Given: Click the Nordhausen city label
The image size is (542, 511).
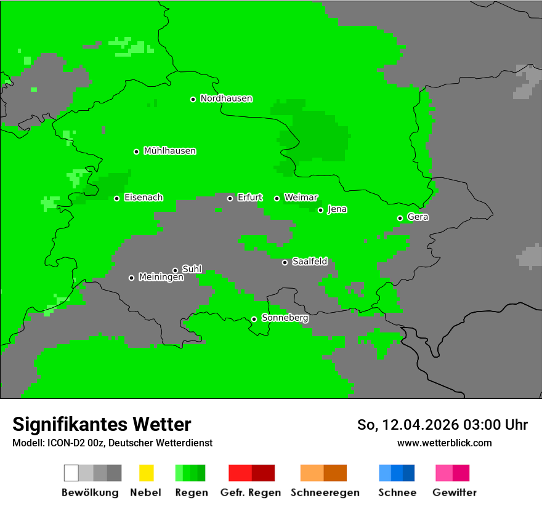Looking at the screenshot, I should point(226,99).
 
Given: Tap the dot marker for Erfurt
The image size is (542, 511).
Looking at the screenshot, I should point(230,198).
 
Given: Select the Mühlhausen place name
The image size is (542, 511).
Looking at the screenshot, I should point(169,151).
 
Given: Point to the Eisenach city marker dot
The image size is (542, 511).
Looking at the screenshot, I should point(117,198).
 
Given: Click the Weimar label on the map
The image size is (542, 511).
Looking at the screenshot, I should point(301,198).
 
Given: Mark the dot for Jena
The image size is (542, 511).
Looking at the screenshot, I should point(320,210).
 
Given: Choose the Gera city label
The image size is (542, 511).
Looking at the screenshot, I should point(418,217).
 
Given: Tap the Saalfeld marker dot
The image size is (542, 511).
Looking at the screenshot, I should point(285,262).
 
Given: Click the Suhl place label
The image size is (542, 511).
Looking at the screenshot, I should point(192,269).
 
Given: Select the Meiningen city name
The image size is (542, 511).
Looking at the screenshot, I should point(161,278).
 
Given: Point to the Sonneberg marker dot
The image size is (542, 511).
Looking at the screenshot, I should point(254,319).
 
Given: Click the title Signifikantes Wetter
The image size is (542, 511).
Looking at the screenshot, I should point(102,425).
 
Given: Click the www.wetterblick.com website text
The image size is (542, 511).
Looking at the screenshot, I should point(444,443).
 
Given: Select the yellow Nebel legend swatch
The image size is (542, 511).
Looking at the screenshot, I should point(146,473).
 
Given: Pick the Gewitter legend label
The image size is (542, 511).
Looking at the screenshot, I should point(454,493).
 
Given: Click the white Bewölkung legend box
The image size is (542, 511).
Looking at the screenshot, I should point(71,473).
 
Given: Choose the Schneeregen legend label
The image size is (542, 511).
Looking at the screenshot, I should point(325,493).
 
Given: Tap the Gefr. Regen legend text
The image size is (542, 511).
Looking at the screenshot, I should point(250,493).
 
